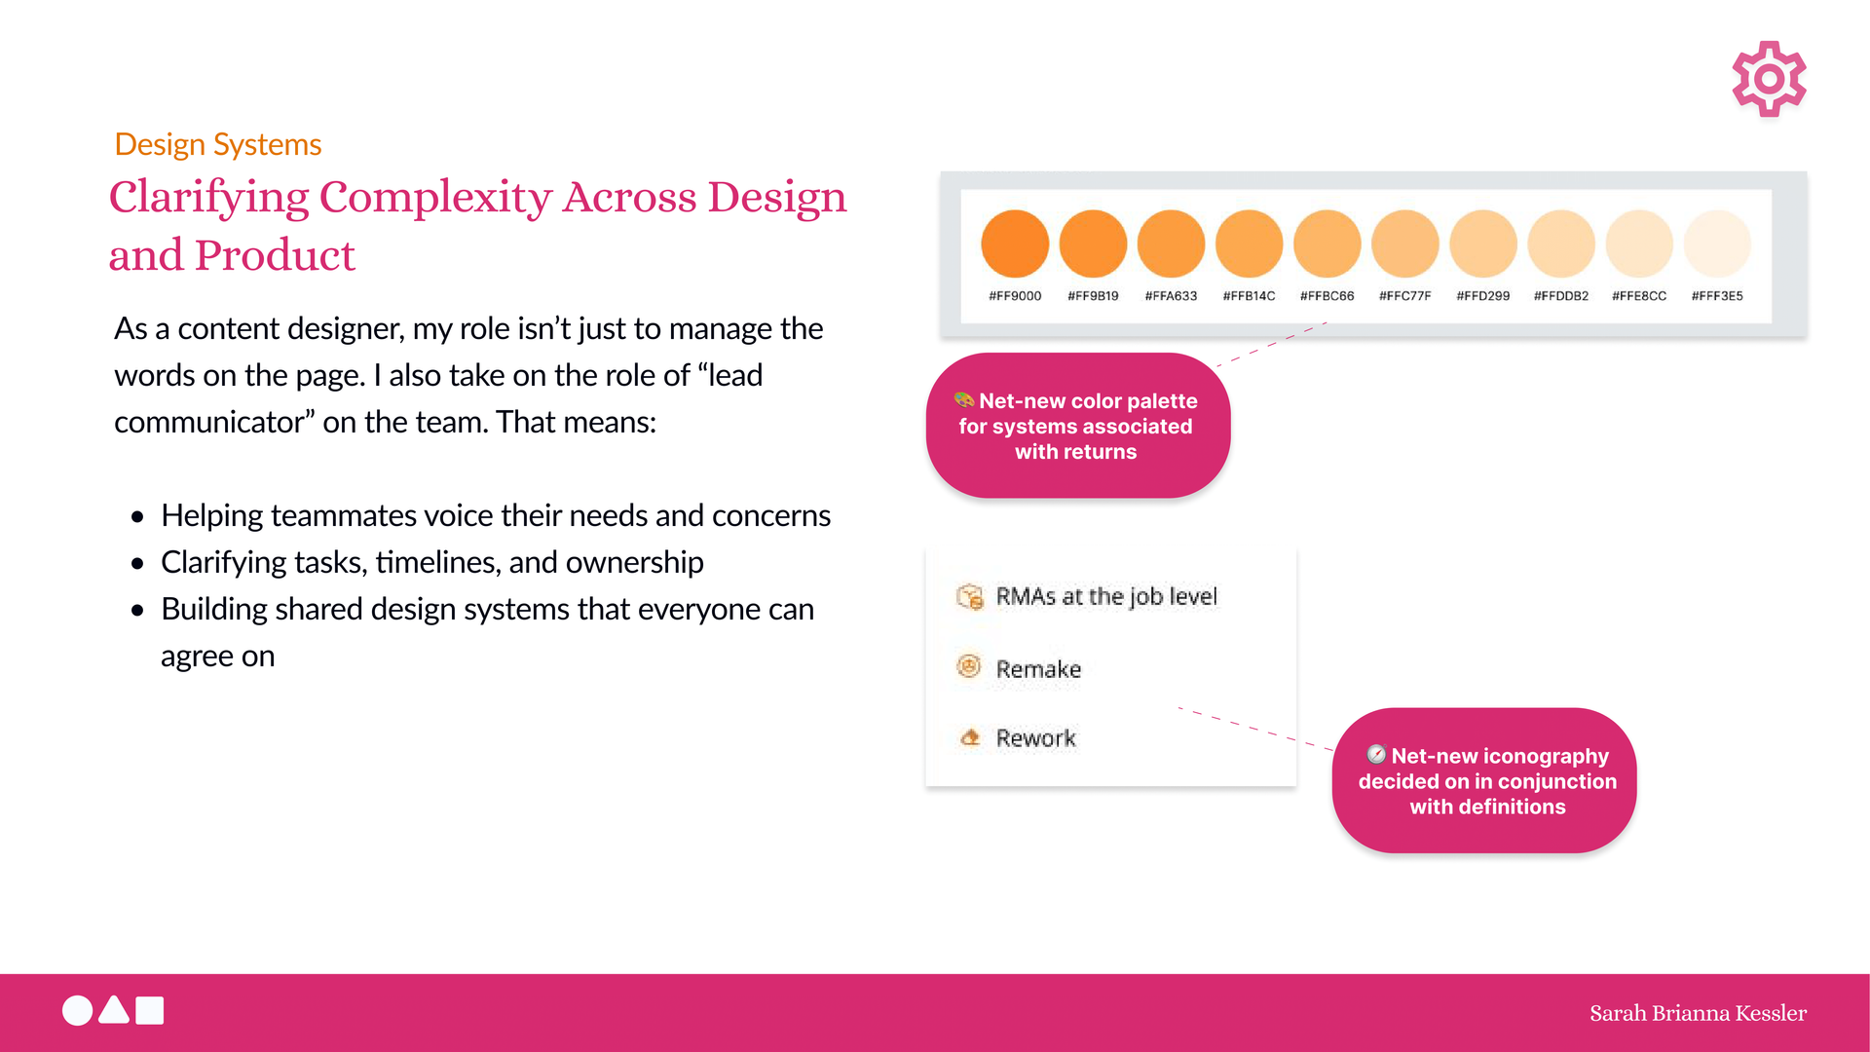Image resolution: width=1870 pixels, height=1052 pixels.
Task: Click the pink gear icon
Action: click(1769, 79)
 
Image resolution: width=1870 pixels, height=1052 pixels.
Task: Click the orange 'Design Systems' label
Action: click(217, 144)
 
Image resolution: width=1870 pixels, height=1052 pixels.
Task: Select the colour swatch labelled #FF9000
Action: click(1015, 244)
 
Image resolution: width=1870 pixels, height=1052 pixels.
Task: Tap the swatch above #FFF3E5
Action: click(1717, 244)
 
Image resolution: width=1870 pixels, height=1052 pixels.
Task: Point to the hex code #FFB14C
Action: click(1249, 296)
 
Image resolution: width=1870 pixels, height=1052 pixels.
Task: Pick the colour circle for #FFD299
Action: click(1483, 244)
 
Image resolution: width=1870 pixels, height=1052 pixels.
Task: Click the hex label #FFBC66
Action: click(1327, 296)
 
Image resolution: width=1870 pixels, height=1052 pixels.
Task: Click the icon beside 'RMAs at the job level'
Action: click(970, 596)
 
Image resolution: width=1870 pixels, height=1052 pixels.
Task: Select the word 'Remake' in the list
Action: click(1038, 669)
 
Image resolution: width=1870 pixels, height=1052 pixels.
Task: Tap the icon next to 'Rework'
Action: click(970, 737)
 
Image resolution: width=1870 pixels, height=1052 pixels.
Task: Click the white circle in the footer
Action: click(78, 1011)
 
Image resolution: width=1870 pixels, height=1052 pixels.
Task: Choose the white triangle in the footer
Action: click(114, 1010)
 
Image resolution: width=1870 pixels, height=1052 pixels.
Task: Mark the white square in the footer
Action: click(150, 1010)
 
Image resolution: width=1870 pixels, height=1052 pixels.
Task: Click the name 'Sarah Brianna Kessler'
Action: click(1698, 1013)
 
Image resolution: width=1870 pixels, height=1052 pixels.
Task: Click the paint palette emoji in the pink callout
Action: click(964, 399)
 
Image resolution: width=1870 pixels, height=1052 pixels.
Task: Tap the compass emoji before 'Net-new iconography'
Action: click(1376, 754)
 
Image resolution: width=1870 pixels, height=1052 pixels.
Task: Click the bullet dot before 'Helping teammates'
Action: click(137, 516)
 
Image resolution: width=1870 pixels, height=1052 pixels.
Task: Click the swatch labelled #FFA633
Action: click(1171, 244)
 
